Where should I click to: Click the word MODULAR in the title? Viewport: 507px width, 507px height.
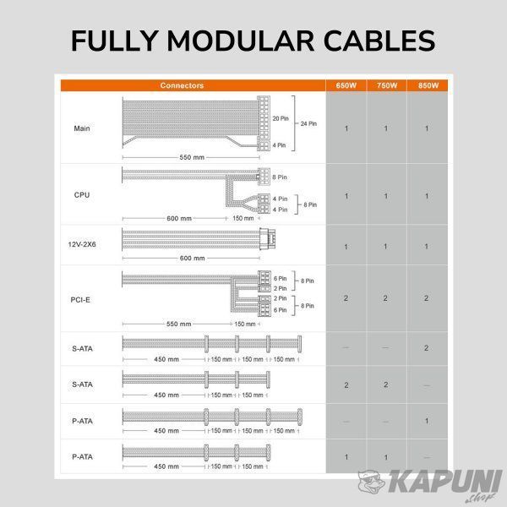(x=241, y=41)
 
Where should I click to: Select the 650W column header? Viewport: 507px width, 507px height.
(x=346, y=85)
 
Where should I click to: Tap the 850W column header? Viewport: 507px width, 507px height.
(x=428, y=85)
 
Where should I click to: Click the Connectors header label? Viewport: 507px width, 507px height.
(x=182, y=85)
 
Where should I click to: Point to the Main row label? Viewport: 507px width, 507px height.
(x=82, y=128)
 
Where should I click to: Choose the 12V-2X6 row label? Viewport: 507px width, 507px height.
(x=82, y=244)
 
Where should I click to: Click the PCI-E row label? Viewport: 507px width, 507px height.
(x=80, y=300)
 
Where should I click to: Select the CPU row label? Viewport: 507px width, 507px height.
(x=82, y=195)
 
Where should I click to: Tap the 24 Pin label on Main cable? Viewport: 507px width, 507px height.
(x=308, y=123)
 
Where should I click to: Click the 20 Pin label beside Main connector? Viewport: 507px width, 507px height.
(x=281, y=118)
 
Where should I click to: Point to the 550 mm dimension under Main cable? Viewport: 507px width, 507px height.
(x=192, y=157)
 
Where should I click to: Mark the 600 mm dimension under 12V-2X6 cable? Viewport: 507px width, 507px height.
(x=192, y=258)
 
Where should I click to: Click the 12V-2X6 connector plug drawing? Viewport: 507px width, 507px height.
(x=267, y=238)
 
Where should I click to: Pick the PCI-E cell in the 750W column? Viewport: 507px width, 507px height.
(x=385, y=298)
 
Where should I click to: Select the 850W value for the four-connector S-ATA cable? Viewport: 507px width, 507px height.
(x=426, y=348)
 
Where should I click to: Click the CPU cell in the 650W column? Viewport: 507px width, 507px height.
(x=346, y=196)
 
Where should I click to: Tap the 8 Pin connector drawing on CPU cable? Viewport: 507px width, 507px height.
(x=264, y=177)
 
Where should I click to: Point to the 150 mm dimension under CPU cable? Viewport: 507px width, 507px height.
(x=243, y=218)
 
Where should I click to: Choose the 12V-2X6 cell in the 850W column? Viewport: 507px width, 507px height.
(x=427, y=247)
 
